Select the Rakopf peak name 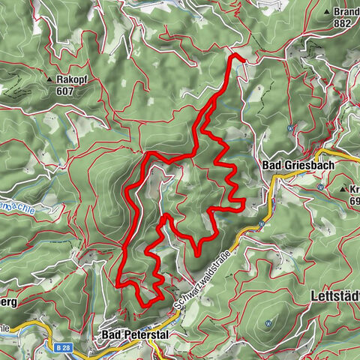(x=72, y=78)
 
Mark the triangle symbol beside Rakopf (x=49, y=79)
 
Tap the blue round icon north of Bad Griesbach (x=289, y=127)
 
